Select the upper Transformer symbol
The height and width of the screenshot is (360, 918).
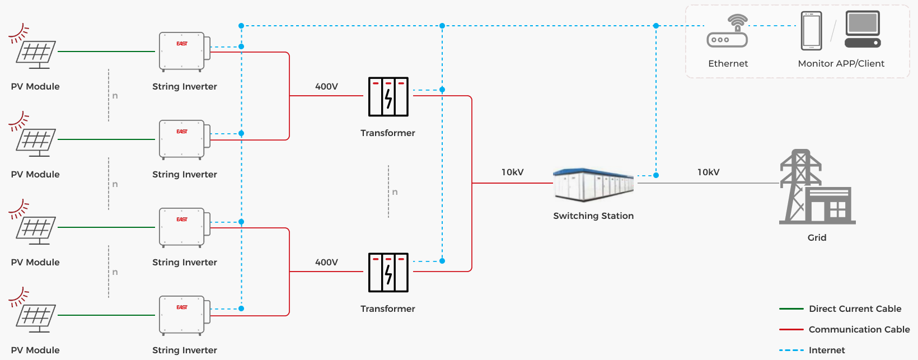(x=388, y=97)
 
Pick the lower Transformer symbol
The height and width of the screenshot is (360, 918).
(x=388, y=273)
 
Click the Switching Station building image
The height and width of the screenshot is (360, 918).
(x=593, y=184)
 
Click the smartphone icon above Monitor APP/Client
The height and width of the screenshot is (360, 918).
(x=811, y=31)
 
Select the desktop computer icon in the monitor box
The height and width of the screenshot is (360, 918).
(x=863, y=29)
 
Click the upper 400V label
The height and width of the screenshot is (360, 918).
(x=326, y=87)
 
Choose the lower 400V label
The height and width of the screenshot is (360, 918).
(x=326, y=263)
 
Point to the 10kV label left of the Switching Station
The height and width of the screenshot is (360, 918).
(x=512, y=172)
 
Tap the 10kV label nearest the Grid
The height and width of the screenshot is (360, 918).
(x=708, y=172)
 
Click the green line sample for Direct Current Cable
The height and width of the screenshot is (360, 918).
(x=791, y=309)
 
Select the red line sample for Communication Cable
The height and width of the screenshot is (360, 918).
(x=791, y=330)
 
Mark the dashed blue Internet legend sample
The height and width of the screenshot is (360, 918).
(x=791, y=350)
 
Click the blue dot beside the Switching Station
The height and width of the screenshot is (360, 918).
(x=656, y=175)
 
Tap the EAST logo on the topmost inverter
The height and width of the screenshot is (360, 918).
(x=182, y=44)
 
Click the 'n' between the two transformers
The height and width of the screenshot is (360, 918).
(x=395, y=192)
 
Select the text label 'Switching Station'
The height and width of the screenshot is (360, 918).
(x=593, y=216)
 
